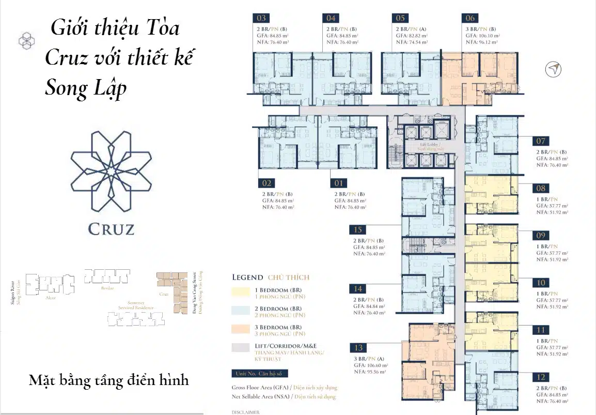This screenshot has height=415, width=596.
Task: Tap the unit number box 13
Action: click(x=358, y=347)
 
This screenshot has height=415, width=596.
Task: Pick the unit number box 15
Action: click(x=358, y=230)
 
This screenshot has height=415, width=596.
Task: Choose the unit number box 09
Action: click(x=541, y=235)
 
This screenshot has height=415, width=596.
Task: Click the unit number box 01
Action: click(x=338, y=183)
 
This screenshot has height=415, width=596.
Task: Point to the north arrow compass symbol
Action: click(x=553, y=69)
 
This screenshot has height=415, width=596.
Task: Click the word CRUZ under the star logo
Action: click(x=111, y=228)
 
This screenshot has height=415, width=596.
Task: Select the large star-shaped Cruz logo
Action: click(x=111, y=171)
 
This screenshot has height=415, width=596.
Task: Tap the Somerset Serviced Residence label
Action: click(x=136, y=305)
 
